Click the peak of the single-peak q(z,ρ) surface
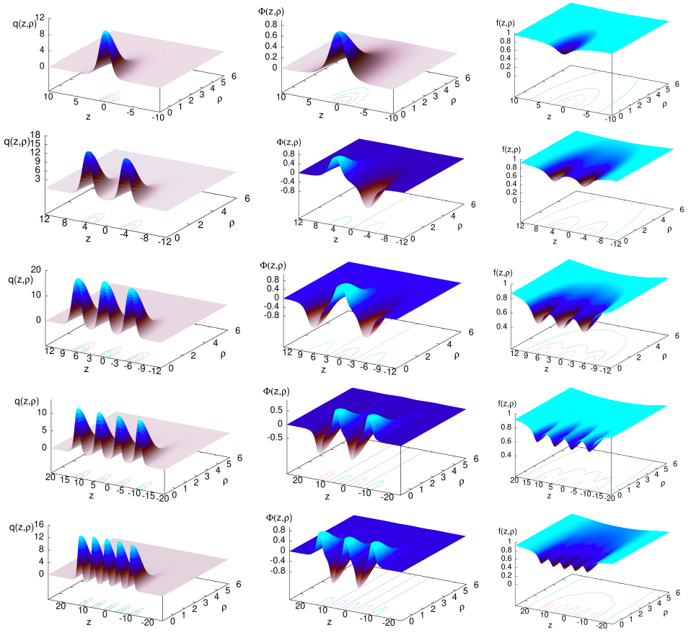[x=106, y=32]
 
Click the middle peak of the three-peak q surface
[x=106, y=283]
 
